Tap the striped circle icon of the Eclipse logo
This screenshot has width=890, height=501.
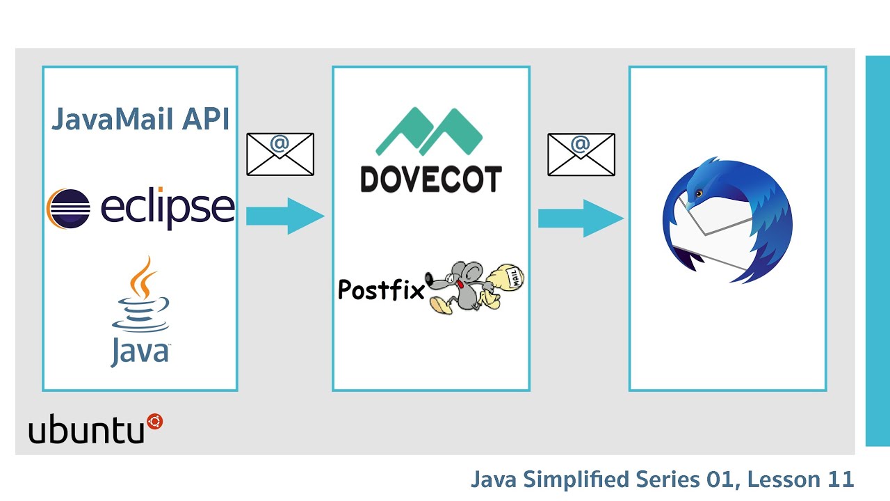tap(68, 208)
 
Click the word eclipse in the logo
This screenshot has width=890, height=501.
tap(168, 208)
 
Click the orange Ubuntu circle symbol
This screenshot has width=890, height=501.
tap(154, 421)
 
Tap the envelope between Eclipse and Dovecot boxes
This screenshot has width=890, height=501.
tap(280, 154)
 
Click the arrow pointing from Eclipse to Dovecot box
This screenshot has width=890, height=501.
tap(284, 216)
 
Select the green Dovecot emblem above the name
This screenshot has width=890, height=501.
tap(429, 132)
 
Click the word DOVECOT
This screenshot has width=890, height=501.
tap(431, 180)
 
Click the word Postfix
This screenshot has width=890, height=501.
tap(380, 289)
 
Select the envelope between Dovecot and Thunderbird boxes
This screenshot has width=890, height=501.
tap(581, 154)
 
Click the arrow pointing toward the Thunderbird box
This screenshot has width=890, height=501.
tap(580, 218)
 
